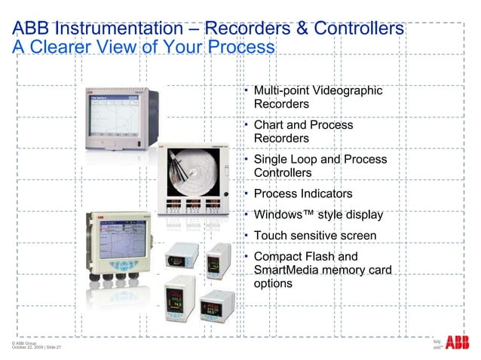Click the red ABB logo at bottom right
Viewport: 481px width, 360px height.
tap(457, 343)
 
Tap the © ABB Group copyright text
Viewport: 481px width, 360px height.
tap(24, 342)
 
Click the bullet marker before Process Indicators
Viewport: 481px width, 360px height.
tap(246, 193)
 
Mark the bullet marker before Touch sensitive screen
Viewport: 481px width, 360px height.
tap(246, 235)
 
